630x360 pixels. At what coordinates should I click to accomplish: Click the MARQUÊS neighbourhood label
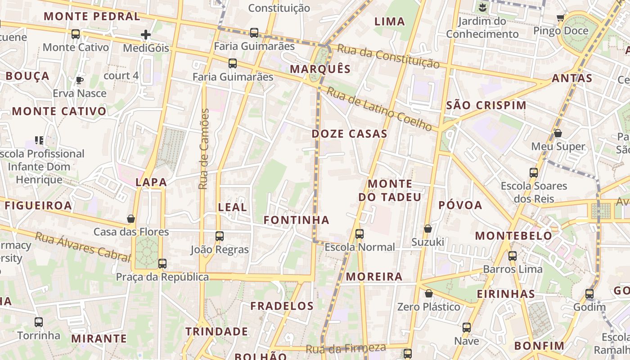(x=320, y=69)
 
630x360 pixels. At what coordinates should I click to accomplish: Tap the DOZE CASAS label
(x=349, y=134)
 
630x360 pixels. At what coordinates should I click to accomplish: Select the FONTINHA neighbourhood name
(x=296, y=220)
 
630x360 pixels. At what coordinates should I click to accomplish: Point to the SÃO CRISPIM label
(x=486, y=105)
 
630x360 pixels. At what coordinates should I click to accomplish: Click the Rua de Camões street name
(x=204, y=148)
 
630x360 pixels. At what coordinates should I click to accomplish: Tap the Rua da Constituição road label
(x=388, y=56)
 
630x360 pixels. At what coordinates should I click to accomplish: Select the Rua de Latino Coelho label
(x=379, y=109)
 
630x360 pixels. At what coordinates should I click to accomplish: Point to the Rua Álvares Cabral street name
(x=83, y=246)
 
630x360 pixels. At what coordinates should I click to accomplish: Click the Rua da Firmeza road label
(x=346, y=348)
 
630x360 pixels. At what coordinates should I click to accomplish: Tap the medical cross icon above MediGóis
(x=146, y=35)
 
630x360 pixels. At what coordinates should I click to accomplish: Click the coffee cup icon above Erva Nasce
(x=80, y=81)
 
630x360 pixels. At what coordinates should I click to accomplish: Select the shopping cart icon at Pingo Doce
(x=560, y=18)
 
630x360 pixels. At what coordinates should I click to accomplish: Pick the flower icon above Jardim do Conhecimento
(x=482, y=7)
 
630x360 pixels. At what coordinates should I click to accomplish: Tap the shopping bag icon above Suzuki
(x=428, y=229)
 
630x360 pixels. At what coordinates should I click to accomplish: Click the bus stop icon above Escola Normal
(x=359, y=234)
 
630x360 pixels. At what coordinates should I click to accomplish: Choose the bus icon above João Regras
(x=220, y=236)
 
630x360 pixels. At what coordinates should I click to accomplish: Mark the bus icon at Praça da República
(x=162, y=264)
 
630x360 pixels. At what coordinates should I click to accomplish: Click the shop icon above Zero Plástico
(x=429, y=293)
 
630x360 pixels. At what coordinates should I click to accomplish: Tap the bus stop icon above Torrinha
(x=39, y=322)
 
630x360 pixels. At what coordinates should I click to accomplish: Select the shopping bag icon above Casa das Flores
(x=131, y=219)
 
